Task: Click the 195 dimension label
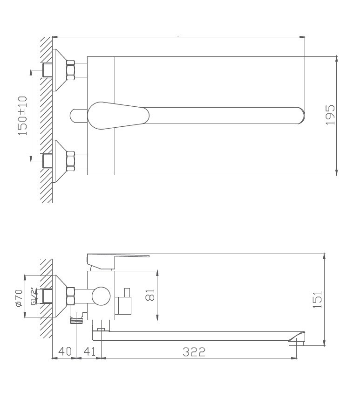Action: [330, 115]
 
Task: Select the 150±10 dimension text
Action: [22, 116]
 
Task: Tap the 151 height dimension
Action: [317, 300]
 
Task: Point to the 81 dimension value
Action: [150, 295]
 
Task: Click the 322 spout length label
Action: [194, 352]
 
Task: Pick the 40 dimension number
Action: [65, 351]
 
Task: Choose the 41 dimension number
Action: [89, 351]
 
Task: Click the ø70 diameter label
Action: [19, 298]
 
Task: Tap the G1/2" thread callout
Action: [34, 296]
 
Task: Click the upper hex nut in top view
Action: [71, 70]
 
